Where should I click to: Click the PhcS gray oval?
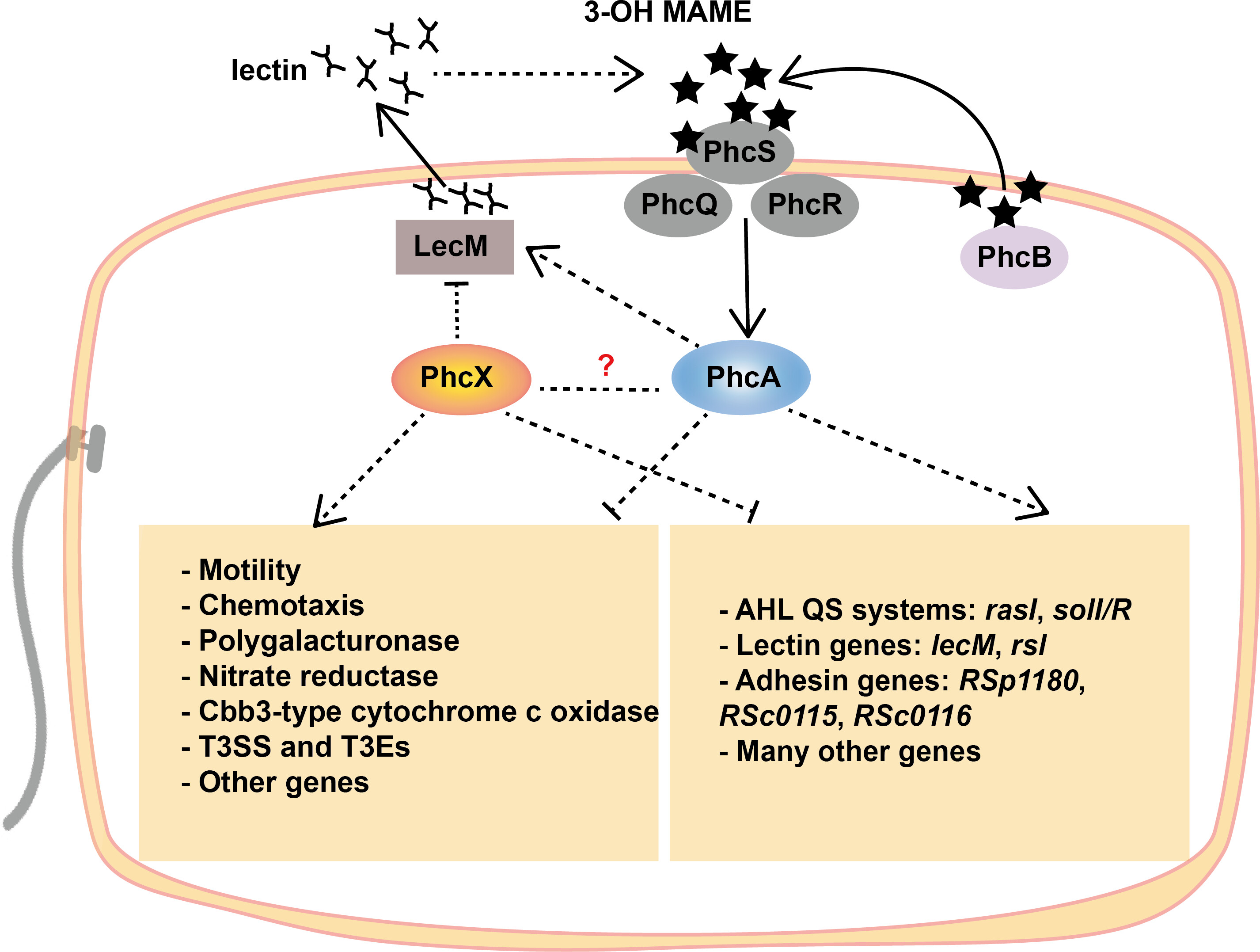(740, 152)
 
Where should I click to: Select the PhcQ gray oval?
(678, 205)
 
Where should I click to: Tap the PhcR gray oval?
(805, 205)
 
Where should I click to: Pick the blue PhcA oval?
(741, 377)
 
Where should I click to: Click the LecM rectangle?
(455, 247)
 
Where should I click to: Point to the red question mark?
(606, 365)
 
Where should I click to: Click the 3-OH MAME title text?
(668, 12)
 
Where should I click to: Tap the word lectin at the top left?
(269, 71)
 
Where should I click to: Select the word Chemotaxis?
(281, 605)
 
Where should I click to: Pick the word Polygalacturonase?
(329, 641)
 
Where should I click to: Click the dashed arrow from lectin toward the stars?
(535, 73)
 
